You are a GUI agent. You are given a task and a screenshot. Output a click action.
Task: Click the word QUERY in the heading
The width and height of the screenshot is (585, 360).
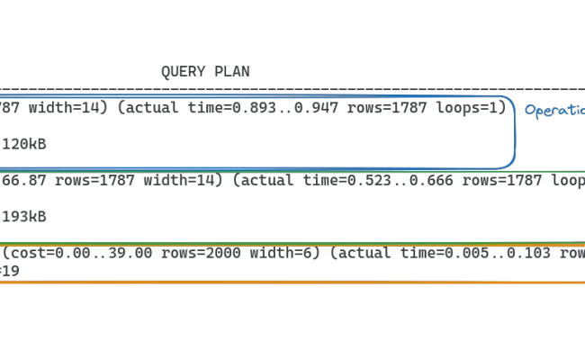coord(178,72)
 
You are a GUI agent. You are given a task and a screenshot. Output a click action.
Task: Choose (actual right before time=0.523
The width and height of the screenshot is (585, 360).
coord(259,180)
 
